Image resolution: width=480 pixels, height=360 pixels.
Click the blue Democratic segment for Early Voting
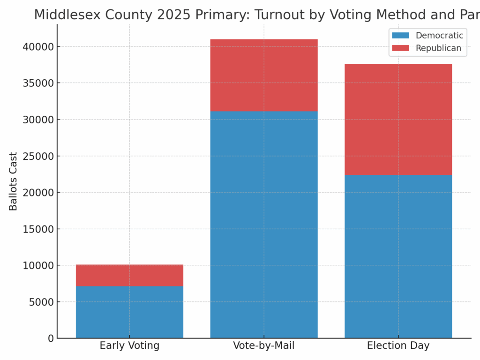point(129,312)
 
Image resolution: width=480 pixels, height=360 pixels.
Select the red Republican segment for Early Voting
point(129,275)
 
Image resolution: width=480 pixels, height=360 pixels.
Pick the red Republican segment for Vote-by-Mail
point(264,75)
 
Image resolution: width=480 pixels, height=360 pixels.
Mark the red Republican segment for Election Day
point(398,119)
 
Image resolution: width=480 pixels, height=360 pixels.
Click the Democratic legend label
point(439,36)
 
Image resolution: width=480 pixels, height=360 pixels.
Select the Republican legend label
point(438,48)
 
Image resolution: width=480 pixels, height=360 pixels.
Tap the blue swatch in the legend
point(400,36)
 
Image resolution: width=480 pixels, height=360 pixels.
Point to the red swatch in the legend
point(400,48)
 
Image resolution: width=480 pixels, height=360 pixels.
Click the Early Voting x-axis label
point(129,346)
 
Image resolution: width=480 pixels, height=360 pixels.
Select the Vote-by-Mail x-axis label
point(264,346)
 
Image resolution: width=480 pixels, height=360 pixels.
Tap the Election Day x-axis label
point(398,346)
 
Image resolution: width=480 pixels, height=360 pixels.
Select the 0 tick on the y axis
point(50,338)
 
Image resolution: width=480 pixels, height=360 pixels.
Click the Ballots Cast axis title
point(13,181)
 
